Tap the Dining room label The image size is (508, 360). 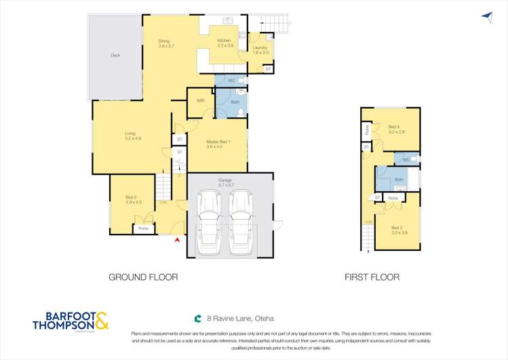point(166,43)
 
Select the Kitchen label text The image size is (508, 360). point(224,43)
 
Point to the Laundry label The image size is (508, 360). point(260,49)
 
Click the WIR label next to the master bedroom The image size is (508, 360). point(200,100)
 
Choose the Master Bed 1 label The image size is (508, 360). point(218,143)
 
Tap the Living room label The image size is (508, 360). point(133,136)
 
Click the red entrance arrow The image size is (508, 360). point(178,240)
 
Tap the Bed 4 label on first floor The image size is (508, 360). point(396,129)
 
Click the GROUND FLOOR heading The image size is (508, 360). point(143,277)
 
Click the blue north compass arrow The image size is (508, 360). point(486,16)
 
